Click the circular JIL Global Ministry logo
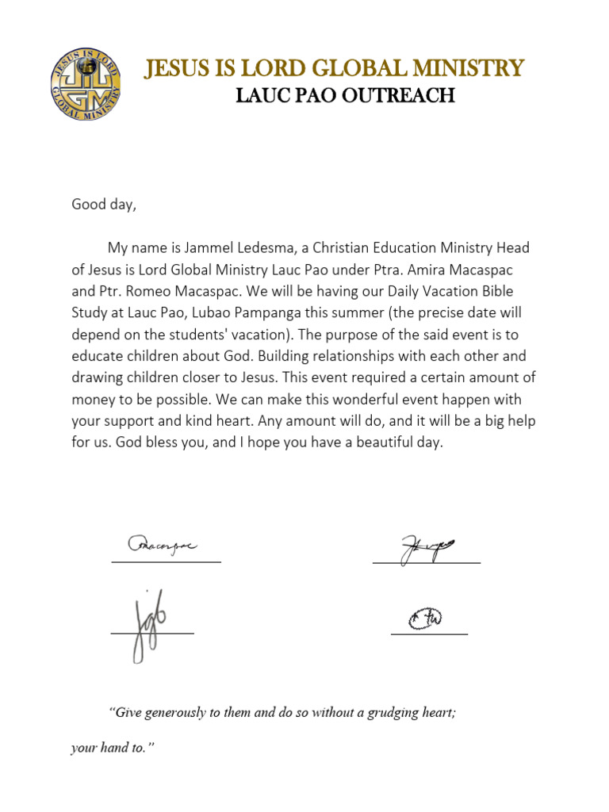(86, 84)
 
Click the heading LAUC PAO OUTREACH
(346, 96)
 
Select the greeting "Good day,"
(104, 205)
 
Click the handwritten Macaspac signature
(163, 546)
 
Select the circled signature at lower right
(426, 618)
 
